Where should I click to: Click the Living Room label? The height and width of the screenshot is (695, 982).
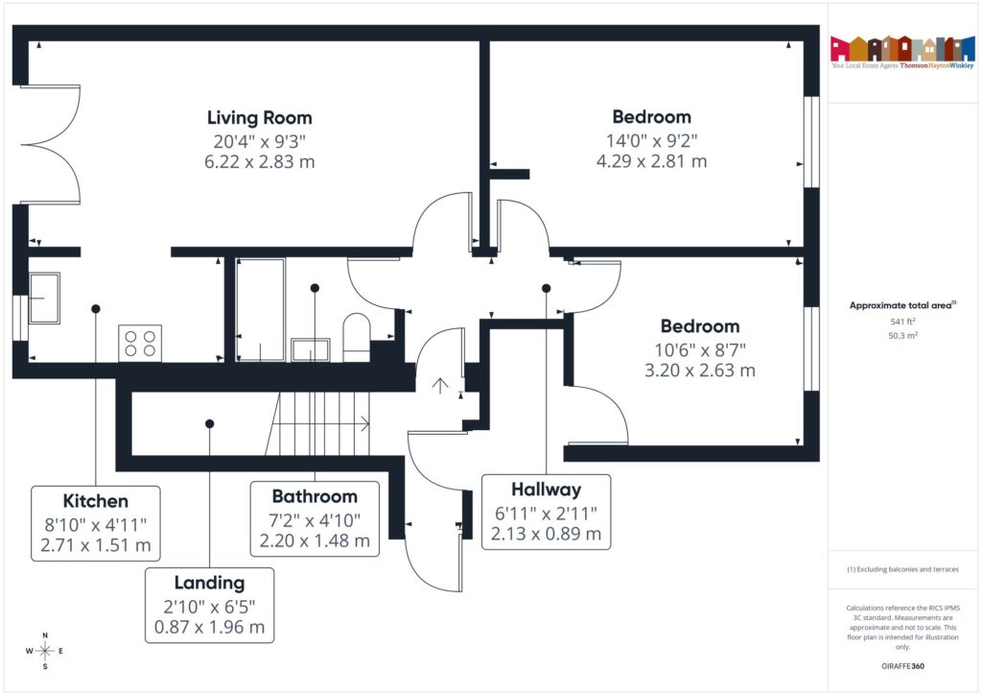pos(259,118)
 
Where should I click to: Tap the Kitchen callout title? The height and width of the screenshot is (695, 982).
pos(95,501)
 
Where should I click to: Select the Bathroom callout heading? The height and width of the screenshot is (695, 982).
pos(315,496)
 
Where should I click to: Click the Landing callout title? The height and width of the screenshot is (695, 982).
pos(209,583)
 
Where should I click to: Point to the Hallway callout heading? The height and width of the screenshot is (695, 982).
pos(546,490)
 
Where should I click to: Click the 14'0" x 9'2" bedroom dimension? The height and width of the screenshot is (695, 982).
pos(651,140)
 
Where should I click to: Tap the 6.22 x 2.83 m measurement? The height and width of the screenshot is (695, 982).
pos(259,162)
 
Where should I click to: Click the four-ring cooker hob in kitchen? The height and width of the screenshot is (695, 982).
pos(140,343)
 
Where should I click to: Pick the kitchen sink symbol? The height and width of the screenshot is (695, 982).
pos(43,298)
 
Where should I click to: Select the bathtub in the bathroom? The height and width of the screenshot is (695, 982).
pos(260,309)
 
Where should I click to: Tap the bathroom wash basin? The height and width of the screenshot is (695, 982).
pos(311,348)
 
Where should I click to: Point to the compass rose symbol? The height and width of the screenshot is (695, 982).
pos(44,651)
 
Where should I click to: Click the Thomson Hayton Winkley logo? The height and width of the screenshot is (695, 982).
pos(901,54)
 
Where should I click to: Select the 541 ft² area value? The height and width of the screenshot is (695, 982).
pos(900,322)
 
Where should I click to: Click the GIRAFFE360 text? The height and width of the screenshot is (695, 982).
pos(901,665)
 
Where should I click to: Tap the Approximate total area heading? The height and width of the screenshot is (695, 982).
pos(900,305)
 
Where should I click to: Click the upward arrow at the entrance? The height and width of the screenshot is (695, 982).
pos(440,386)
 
